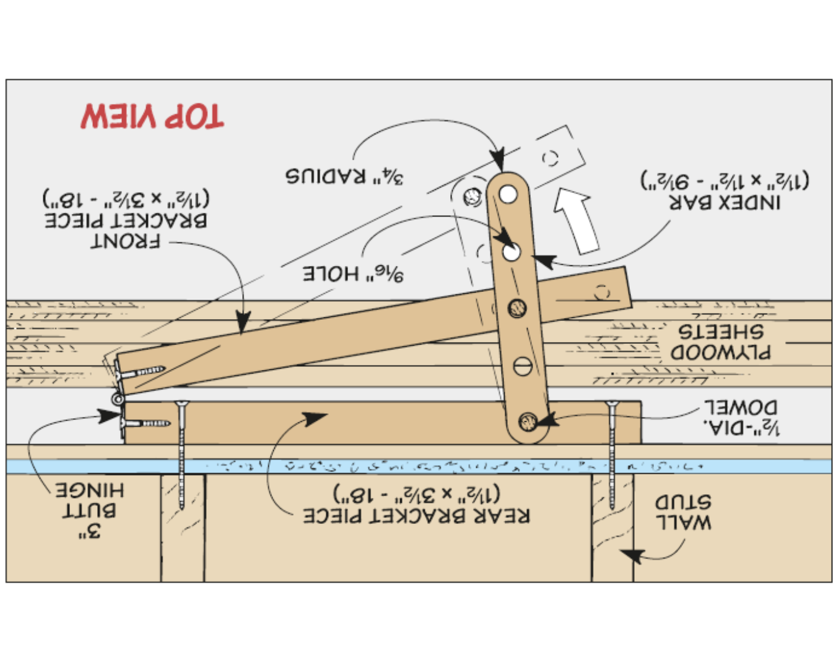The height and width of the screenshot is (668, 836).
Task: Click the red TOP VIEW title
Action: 152,116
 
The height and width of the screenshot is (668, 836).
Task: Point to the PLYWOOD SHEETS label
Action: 721,341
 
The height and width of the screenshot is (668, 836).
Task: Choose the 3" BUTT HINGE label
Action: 90,510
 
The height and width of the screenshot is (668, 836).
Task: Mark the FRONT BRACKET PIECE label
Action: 126,220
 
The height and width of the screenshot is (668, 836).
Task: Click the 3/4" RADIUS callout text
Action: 344,176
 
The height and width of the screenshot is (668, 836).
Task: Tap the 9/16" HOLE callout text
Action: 353,273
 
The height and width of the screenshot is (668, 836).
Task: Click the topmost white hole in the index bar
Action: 508,194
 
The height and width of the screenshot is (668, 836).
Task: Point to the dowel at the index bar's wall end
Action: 528,422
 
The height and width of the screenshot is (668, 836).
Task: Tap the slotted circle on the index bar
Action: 522,366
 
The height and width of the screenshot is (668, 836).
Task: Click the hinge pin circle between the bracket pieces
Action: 117,400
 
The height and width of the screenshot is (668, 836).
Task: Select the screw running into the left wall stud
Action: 181,455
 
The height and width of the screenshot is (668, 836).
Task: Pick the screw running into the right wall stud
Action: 612,455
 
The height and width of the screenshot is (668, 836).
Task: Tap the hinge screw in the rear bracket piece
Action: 146,424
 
